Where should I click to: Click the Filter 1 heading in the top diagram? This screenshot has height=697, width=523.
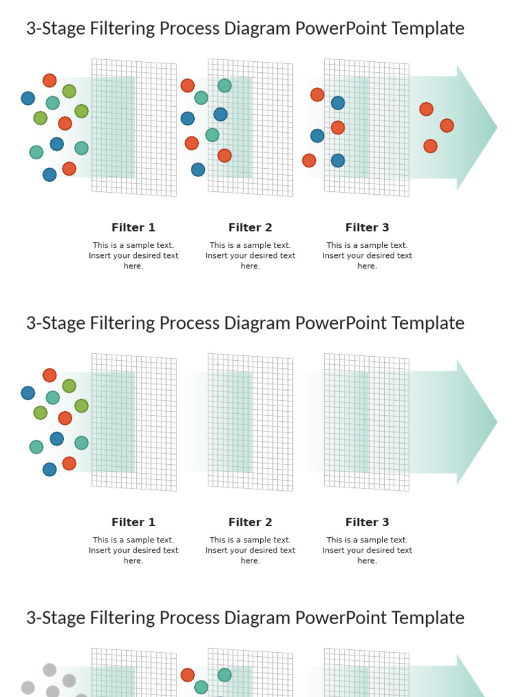point(133,227)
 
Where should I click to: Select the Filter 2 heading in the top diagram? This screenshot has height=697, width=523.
point(250,227)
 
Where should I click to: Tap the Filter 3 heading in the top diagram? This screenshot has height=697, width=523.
point(367,227)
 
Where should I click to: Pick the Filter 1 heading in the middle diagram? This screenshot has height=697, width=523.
point(133,522)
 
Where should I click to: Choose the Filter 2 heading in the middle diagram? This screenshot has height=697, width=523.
point(250,522)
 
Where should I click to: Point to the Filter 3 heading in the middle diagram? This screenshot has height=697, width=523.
point(367,522)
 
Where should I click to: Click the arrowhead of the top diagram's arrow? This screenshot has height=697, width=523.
point(477,127)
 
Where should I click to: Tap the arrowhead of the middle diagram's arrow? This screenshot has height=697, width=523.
point(477,422)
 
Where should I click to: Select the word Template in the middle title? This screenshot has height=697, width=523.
point(428,323)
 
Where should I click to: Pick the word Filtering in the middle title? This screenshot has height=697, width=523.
point(128,323)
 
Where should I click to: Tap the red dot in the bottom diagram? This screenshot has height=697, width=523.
point(187,675)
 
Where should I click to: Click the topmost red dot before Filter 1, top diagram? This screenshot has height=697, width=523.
point(50,80)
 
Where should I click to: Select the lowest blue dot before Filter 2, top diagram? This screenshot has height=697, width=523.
point(197,169)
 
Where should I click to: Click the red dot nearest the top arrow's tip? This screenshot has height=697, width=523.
point(447,125)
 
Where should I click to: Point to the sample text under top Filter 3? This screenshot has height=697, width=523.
point(367,255)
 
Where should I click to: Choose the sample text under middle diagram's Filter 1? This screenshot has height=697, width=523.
point(133,550)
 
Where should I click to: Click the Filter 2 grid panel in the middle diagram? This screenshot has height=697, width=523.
point(251,422)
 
